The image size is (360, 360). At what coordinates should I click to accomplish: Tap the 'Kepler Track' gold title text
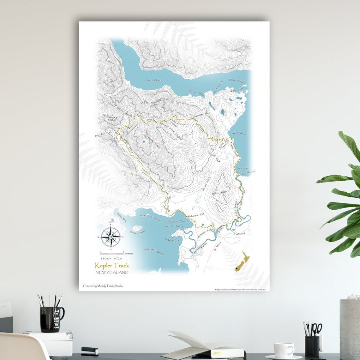tap(112, 266)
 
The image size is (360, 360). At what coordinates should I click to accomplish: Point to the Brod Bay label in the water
tap(238, 134)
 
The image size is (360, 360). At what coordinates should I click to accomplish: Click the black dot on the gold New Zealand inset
tap(237, 268)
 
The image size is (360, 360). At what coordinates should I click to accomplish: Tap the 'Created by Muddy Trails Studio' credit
tap(103, 286)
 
